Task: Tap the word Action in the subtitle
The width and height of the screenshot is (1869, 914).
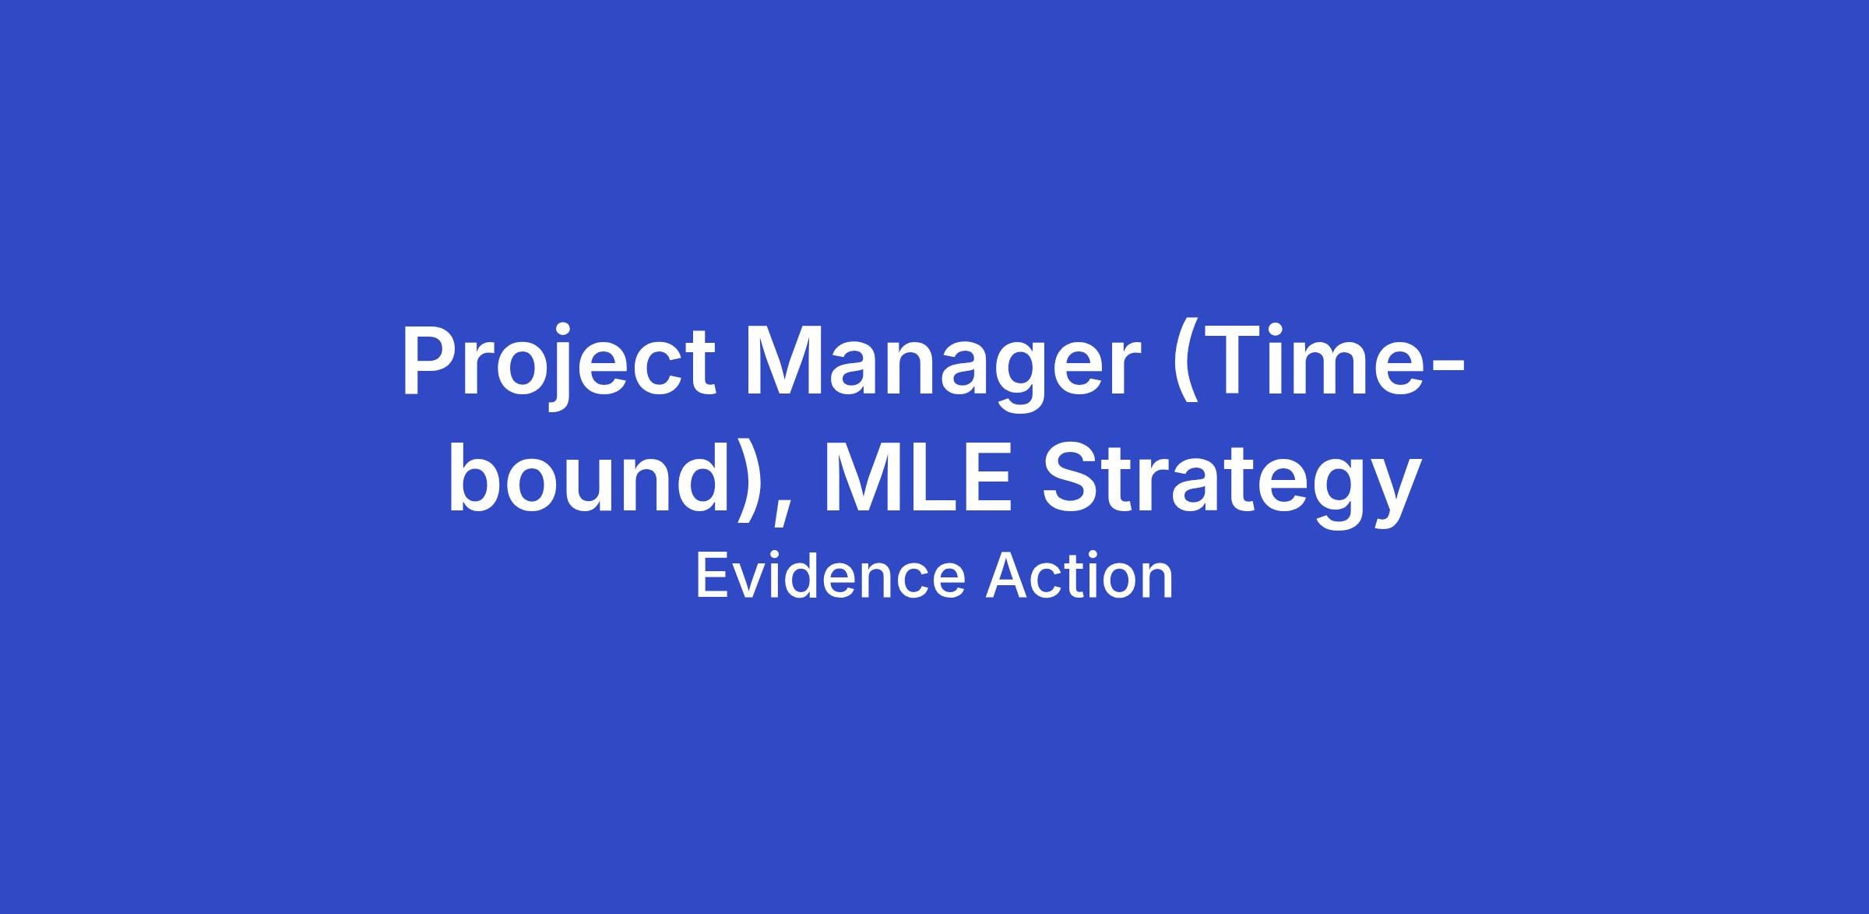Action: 1079,577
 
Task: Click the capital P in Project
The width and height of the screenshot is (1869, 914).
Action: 429,362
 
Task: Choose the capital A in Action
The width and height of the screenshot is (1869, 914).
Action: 1010,577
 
